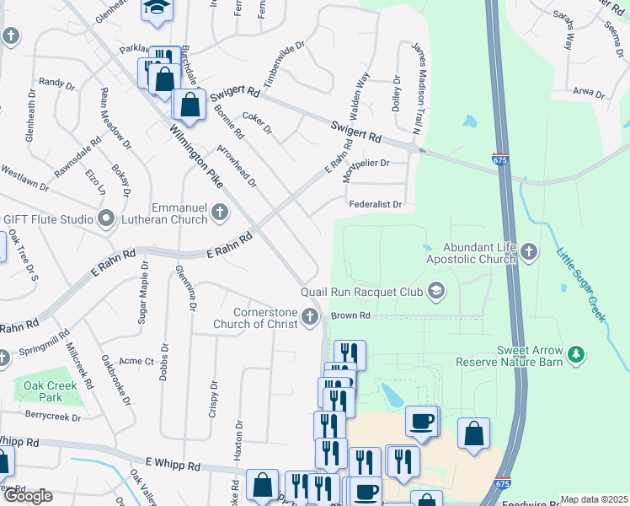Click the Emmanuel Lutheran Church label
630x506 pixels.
(x=179, y=213)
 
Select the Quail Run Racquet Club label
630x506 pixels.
(x=364, y=293)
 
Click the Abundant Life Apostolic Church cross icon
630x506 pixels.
(x=528, y=251)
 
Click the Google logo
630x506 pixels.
(x=27, y=496)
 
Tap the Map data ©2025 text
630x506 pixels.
(x=594, y=499)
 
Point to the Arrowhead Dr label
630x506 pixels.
(x=237, y=165)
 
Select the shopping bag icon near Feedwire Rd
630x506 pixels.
(x=426, y=500)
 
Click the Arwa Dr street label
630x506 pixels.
(x=589, y=93)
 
